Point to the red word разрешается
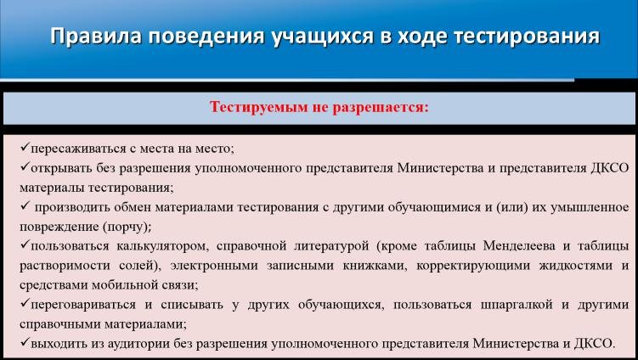click(381, 108)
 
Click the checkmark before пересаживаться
click(25, 147)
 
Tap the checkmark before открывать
click(25, 166)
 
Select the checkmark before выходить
click(25, 342)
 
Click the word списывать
click(192, 305)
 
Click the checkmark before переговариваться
click(25, 303)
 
